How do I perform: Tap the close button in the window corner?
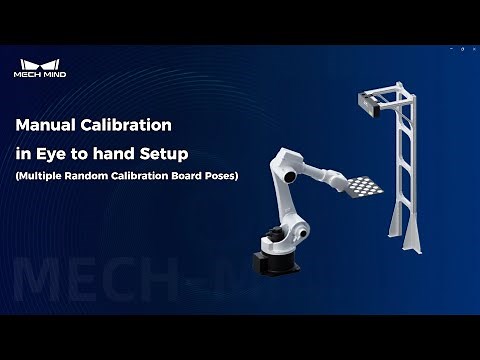470,49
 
